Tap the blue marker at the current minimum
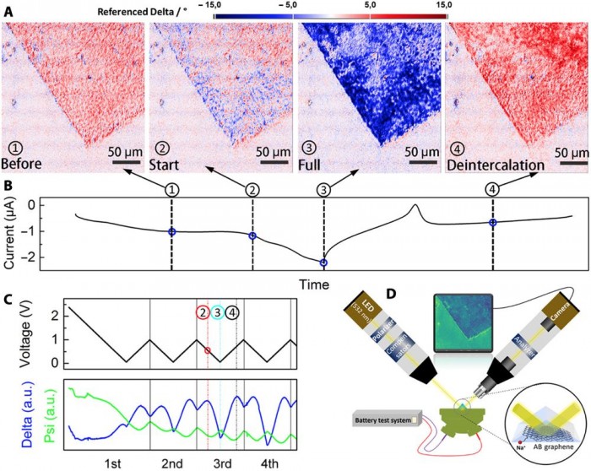click(x=323, y=263)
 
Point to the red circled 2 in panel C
click(x=203, y=312)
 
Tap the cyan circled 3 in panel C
click(x=218, y=312)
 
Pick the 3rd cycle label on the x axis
click(x=222, y=463)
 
